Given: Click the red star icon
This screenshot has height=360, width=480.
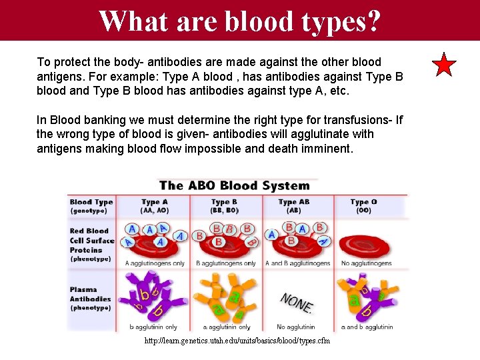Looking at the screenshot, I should [x=444, y=65].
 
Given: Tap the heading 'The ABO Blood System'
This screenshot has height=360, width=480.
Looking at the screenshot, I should [x=234, y=185].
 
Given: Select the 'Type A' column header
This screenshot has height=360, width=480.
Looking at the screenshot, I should [x=155, y=206].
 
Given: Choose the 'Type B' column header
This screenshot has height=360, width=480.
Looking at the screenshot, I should [x=225, y=206].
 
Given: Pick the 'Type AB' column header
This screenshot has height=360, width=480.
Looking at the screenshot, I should [x=293, y=206].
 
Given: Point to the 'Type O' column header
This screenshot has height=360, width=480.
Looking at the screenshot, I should [x=364, y=206].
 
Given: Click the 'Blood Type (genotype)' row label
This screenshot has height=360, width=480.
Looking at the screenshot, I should [x=91, y=206].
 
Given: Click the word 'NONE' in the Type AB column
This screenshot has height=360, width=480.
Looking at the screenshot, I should [x=297, y=303].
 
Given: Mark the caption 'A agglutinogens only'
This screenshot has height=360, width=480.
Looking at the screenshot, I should [x=155, y=263].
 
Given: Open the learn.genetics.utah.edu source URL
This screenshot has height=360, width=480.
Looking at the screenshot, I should [x=237, y=341].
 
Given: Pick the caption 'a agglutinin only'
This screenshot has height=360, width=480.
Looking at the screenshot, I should [x=224, y=327].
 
